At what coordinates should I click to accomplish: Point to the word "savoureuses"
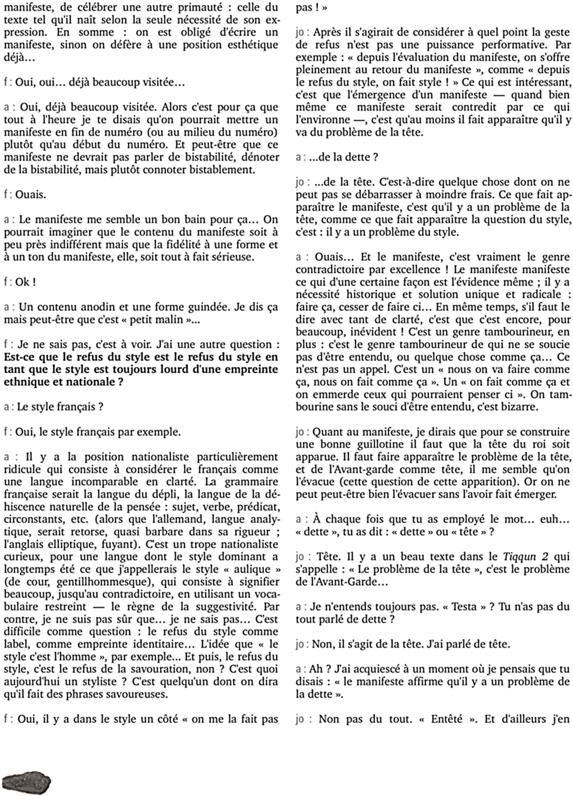tap(133, 694)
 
